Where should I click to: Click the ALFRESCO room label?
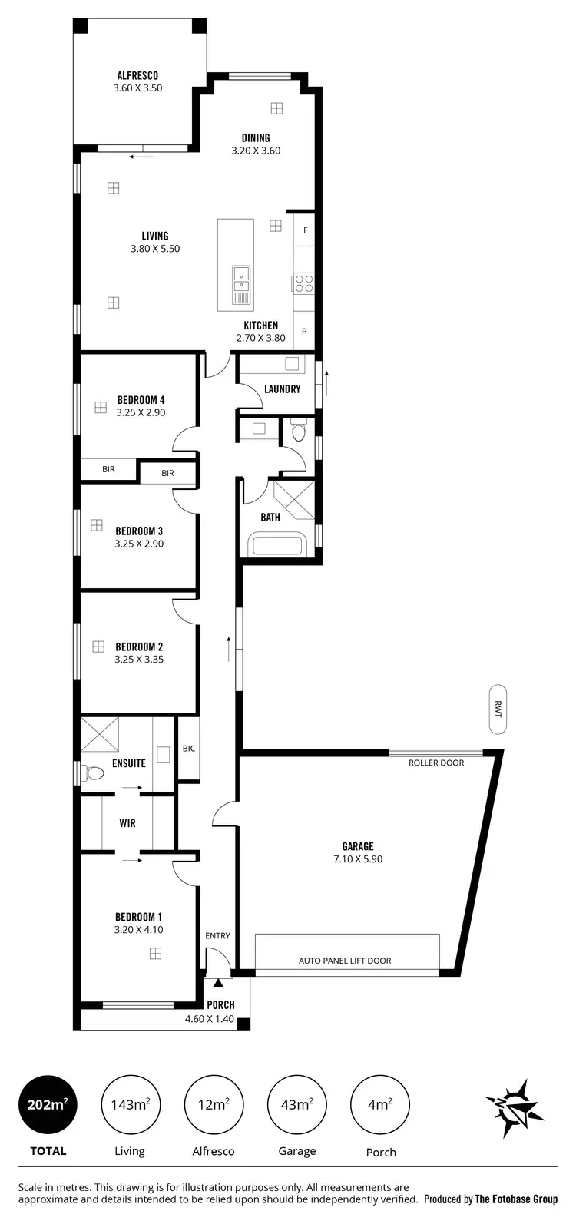137,75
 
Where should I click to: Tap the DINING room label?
256,138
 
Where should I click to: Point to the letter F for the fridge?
305,230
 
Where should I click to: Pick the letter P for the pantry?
304,332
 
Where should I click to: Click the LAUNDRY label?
282,389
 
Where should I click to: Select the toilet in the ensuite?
94,772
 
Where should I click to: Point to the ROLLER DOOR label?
436,763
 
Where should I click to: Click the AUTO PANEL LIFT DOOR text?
345,961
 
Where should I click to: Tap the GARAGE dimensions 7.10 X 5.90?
358,859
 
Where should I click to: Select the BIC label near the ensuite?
189,748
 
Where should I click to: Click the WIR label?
127,823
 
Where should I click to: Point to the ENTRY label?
217,935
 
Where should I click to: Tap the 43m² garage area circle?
296,1105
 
